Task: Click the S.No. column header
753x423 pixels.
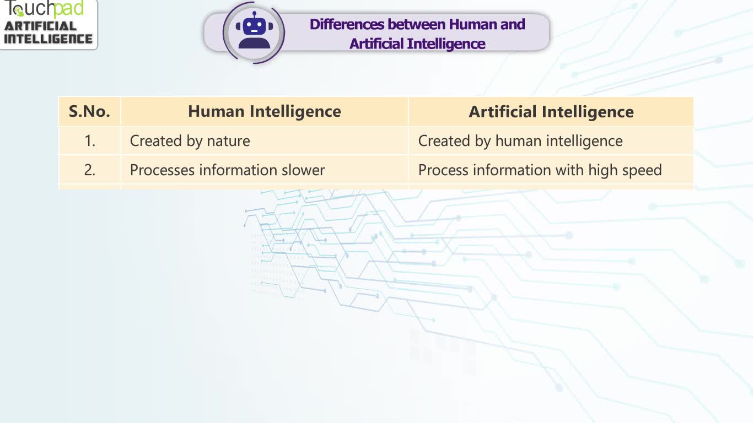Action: (89, 111)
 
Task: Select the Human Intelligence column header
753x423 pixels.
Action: (265, 111)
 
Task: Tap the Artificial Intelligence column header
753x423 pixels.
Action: (551, 111)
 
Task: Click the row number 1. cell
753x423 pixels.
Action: (89, 141)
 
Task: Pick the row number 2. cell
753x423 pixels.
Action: (89, 170)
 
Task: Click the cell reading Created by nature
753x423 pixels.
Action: (265, 141)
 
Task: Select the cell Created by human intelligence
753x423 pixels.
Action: (551, 141)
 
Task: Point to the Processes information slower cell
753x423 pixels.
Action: (265, 170)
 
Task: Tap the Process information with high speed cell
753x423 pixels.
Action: (551, 170)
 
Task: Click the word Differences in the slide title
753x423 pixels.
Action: (347, 24)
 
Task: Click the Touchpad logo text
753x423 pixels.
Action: (44, 9)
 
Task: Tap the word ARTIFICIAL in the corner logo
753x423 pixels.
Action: (40, 26)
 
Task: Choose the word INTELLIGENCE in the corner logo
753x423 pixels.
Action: (48, 39)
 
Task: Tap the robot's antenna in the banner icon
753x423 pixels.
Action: (254, 15)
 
